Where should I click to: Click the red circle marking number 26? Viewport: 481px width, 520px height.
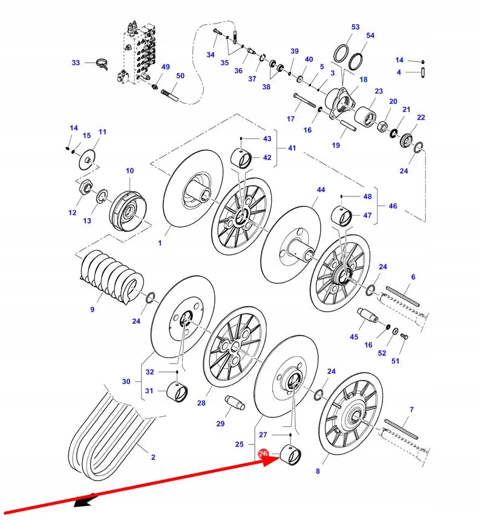coord(263,454)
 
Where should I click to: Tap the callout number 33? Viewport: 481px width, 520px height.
coord(76,63)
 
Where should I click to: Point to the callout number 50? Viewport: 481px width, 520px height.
coord(180,76)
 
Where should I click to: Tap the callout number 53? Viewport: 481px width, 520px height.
coord(355,27)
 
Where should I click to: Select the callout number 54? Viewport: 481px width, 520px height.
coord(370,36)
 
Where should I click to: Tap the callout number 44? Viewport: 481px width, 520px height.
coord(321,190)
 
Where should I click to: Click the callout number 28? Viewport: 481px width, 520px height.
coord(201,403)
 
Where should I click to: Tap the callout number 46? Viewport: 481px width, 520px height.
coord(393,206)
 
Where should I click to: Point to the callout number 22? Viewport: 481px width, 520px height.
coord(421,118)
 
